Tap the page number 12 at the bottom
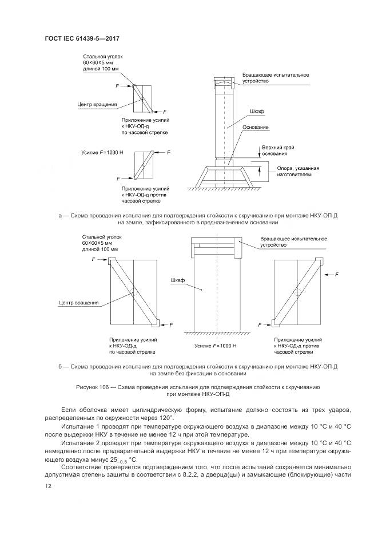49,486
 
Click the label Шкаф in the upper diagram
256,112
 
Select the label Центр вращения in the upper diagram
97,104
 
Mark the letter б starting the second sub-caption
59,366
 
